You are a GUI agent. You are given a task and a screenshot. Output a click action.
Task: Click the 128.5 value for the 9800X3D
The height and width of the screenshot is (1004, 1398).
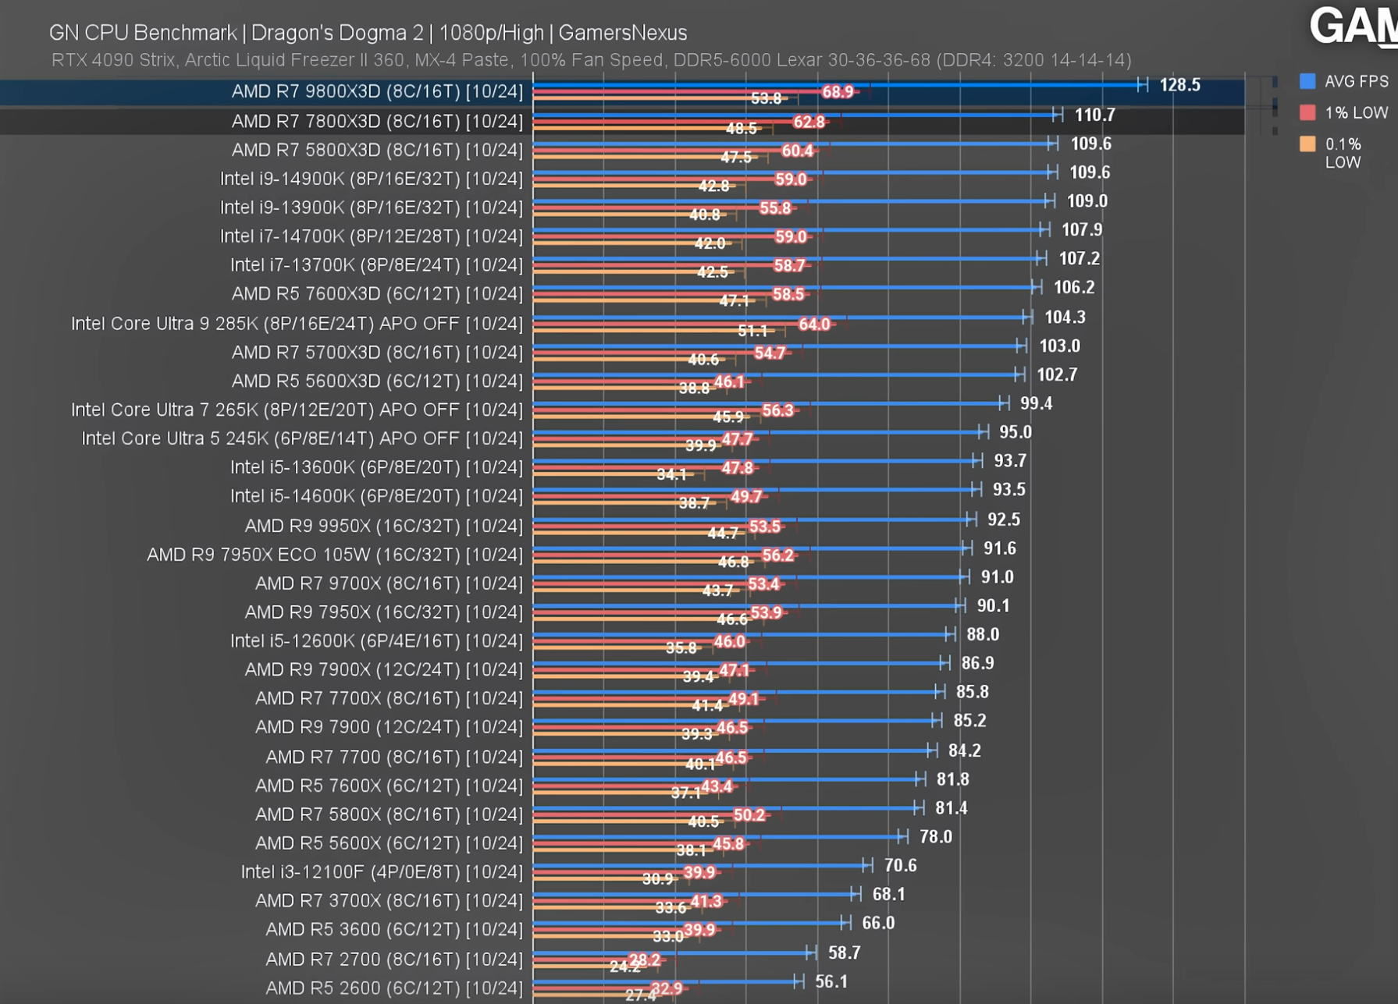coord(1179,85)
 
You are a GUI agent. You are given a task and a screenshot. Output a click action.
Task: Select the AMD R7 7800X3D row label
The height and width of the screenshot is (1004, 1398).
coord(377,121)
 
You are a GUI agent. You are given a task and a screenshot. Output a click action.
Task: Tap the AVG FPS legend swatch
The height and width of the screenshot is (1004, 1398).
coord(1307,81)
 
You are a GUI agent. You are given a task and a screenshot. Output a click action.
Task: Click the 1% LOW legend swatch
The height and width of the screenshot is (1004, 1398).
coord(1307,112)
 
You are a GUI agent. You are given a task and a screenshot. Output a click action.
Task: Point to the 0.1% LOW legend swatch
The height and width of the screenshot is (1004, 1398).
coord(1307,144)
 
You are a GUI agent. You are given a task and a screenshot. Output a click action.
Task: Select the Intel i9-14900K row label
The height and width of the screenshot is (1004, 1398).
coord(371,179)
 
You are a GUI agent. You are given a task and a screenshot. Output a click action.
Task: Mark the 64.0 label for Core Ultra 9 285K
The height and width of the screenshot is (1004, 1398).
coord(814,324)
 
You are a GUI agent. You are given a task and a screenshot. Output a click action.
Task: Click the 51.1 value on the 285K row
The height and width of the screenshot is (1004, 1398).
coord(752,331)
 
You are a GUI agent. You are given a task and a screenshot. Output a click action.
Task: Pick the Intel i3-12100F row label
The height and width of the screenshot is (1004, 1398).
coord(382,871)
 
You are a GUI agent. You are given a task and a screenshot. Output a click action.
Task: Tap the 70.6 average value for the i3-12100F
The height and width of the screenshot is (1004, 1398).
coord(900,865)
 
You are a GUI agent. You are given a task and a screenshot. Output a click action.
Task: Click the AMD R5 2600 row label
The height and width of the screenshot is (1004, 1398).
coord(394,988)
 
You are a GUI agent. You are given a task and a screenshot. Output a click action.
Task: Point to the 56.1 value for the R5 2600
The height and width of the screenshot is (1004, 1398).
coord(831,981)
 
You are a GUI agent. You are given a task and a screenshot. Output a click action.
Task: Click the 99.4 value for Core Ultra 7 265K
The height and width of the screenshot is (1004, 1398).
coord(1036,403)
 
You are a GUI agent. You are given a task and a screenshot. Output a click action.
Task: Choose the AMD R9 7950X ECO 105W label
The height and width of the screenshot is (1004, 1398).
coord(335,555)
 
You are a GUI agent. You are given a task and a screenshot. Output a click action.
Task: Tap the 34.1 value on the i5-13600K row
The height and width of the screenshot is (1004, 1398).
coord(671,474)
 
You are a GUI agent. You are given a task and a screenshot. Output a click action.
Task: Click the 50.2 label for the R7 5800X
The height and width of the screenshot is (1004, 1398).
coord(749,815)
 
